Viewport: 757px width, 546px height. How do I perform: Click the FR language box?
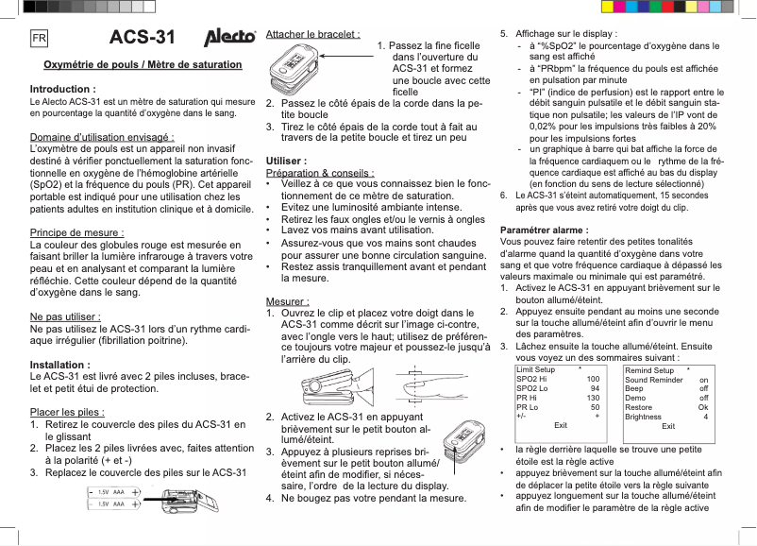(x=40, y=39)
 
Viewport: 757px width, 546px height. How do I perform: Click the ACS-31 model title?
(x=143, y=39)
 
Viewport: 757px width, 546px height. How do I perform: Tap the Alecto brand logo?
(x=230, y=39)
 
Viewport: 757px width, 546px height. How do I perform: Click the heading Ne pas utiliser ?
(x=67, y=316)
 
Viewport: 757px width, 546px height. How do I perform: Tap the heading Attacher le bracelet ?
(x=312, y=34)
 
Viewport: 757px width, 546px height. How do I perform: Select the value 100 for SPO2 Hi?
(x=593, y=379)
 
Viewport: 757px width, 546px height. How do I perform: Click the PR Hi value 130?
(x=593, y=398)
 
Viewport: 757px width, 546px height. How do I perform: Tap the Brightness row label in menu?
(x=644, y=417)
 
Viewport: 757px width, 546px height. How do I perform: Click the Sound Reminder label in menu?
(x=653, y=379)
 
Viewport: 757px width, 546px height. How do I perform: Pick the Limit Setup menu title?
(x=537, y=370)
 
